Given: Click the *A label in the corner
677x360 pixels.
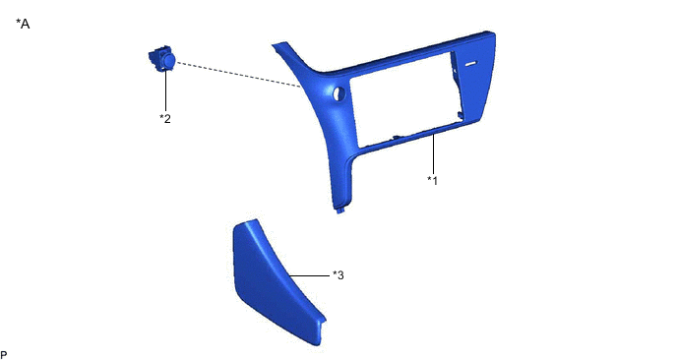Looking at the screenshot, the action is (23, 24).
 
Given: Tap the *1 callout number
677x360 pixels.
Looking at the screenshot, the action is (433, 180).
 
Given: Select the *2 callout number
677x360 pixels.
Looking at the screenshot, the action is (165, 118).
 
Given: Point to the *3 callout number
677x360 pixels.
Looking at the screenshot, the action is (338, 275).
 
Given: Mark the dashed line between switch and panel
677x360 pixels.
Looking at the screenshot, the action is (238, 75).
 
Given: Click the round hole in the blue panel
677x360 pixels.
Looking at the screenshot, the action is (338, 93).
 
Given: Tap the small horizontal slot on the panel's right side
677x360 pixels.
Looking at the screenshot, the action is (471, 64).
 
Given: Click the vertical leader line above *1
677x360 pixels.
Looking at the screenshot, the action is (433, 154).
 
